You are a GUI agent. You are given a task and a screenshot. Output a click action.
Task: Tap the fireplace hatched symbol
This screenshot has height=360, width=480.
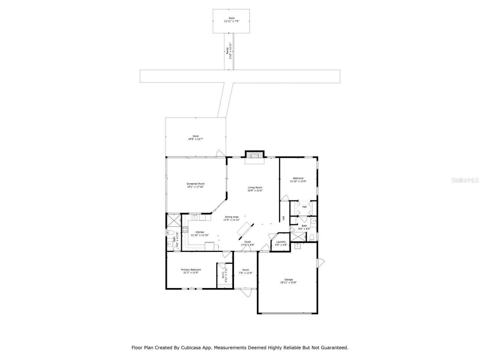pos(255,155)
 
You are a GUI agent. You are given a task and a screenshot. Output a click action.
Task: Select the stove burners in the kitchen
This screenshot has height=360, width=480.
pos(184,229)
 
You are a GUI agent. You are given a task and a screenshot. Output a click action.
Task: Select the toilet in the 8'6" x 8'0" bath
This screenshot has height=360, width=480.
pos(312,237)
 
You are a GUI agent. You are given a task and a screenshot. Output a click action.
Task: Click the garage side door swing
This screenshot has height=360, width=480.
pos(321,263)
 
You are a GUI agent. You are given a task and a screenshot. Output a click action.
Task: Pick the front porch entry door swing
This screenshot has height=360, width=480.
pos(246,292)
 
